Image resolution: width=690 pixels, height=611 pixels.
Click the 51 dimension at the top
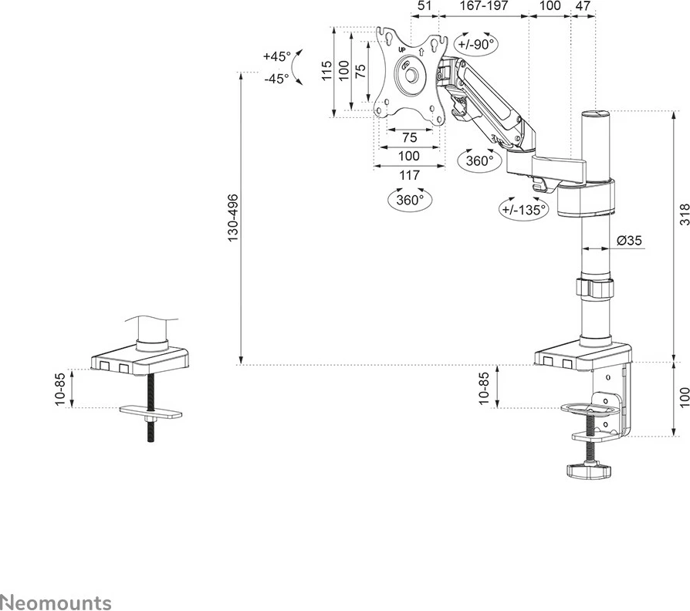[x=424, y=5]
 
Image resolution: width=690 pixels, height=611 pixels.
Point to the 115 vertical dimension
[x=327, y=71]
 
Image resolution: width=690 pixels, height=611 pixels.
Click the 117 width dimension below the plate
[x=409, y=175]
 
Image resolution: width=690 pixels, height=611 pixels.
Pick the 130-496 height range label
[x=232, y=219]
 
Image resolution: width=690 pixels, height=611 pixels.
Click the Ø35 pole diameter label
[x=630, y=241]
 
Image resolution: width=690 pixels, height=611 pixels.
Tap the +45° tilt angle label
[x=276, y=56]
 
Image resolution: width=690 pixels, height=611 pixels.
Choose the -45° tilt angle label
[x=276, y=78]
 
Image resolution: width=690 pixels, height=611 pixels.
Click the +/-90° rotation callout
[x=475, y=45]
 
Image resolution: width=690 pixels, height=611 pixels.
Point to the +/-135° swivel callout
[x=523, y=208]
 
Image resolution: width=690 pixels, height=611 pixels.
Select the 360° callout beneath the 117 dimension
[x=410, y=200]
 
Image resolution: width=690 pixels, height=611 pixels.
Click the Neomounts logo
[x=56, y=602]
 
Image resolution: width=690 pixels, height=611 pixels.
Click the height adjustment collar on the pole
[x=596, y=288]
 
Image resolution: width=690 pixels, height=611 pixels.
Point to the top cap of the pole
[x=595, y=114]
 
